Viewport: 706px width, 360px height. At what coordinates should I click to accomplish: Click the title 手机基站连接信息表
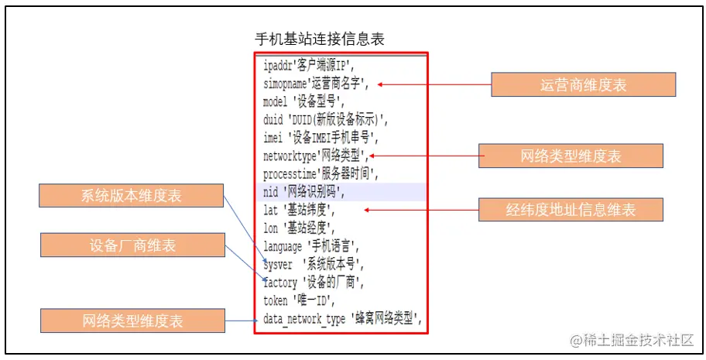click(320, 39)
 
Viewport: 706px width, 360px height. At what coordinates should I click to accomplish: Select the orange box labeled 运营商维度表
click(583, 85)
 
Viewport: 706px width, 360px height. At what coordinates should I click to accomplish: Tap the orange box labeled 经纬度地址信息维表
click(571, 209)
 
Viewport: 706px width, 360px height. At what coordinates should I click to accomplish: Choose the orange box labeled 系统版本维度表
click(131, 197)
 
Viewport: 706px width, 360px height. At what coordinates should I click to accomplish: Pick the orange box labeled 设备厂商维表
click(132, 246)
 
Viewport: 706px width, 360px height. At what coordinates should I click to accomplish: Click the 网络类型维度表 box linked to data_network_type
click(132, 321)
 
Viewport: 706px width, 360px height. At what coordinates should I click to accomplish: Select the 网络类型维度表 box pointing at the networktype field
click(571, 156)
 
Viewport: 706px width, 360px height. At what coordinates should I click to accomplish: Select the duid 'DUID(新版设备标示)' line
click(325, 119)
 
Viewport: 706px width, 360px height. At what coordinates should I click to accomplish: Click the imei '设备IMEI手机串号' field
click(320, 138)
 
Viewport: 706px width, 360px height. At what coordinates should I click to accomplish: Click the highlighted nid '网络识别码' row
click(304, 192)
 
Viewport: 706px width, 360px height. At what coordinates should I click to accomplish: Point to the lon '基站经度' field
click(299, 228)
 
